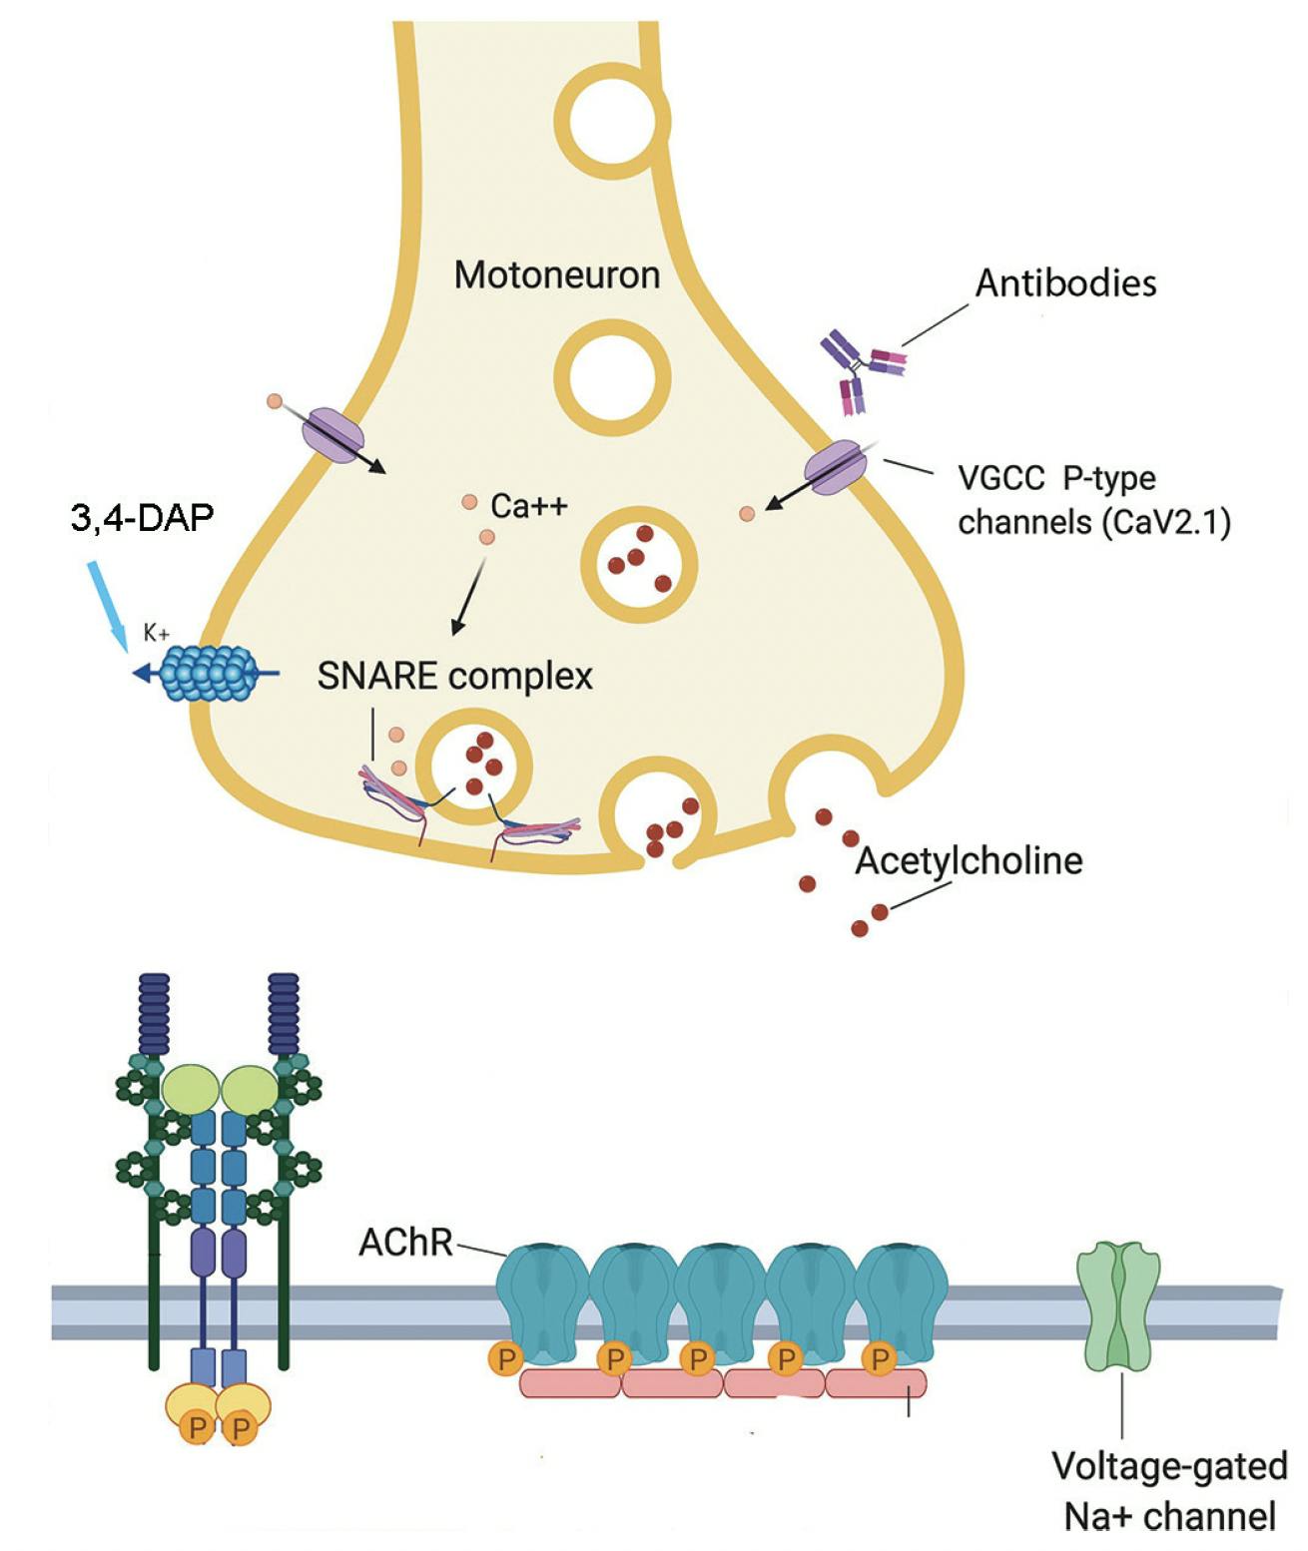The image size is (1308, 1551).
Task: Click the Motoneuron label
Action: point(556,274)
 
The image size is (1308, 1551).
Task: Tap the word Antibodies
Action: point(1065,283)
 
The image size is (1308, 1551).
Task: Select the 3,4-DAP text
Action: point(142,517)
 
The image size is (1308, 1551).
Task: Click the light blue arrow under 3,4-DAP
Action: point(107,604)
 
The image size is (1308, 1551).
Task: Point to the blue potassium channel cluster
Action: point(210,673)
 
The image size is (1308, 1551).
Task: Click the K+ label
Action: point(156,633)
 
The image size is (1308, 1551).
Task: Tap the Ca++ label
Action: point(528,506)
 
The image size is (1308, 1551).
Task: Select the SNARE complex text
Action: point(454,677)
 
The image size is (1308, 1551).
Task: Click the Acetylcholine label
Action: point(969,860)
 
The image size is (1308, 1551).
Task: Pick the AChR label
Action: point(405,1243)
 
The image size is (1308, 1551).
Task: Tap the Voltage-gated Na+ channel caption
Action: point(1169,1491)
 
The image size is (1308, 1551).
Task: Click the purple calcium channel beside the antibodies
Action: point(835,466)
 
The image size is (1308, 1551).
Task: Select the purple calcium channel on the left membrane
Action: point(333,434)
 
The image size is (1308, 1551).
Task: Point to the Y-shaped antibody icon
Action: point(859,371)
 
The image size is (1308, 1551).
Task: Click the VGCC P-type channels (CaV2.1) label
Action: point(1093,500)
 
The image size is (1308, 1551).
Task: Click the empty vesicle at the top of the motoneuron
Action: point(611,120)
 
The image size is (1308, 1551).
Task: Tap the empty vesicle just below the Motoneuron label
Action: point(612,378)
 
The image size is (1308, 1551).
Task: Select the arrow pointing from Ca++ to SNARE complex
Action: point(468,596)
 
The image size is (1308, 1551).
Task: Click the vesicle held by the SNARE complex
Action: point(474,767)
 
